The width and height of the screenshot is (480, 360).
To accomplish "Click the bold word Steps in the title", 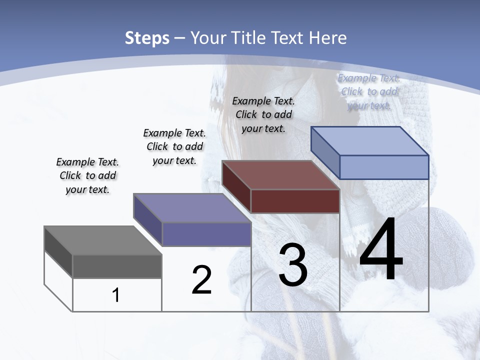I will coord(147,38).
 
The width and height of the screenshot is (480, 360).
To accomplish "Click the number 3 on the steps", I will coord(293,264).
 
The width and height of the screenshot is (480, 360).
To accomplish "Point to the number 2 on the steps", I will coord(201,280).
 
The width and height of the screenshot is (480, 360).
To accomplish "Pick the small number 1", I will coord(116,295).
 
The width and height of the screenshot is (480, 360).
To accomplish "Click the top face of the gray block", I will coord(102,240).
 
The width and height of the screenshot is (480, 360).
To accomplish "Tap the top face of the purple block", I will coord(192,208).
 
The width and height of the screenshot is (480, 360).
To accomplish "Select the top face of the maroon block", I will coord(281,175).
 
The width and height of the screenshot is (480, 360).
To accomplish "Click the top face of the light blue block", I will coord(370,141).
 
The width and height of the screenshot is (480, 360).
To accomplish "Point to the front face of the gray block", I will coord(117,266).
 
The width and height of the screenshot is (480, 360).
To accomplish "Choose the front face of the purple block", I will coord(206,234).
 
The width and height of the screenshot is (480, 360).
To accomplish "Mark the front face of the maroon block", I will coord(295,201).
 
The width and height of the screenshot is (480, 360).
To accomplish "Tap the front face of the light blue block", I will coord(384,167).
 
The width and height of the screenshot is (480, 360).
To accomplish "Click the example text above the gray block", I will coord(87,175).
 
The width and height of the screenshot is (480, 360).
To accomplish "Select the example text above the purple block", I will coord(174,146).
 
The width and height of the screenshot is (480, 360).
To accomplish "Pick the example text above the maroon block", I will coord(263,114).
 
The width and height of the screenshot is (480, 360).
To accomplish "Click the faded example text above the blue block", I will coord(369,91).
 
